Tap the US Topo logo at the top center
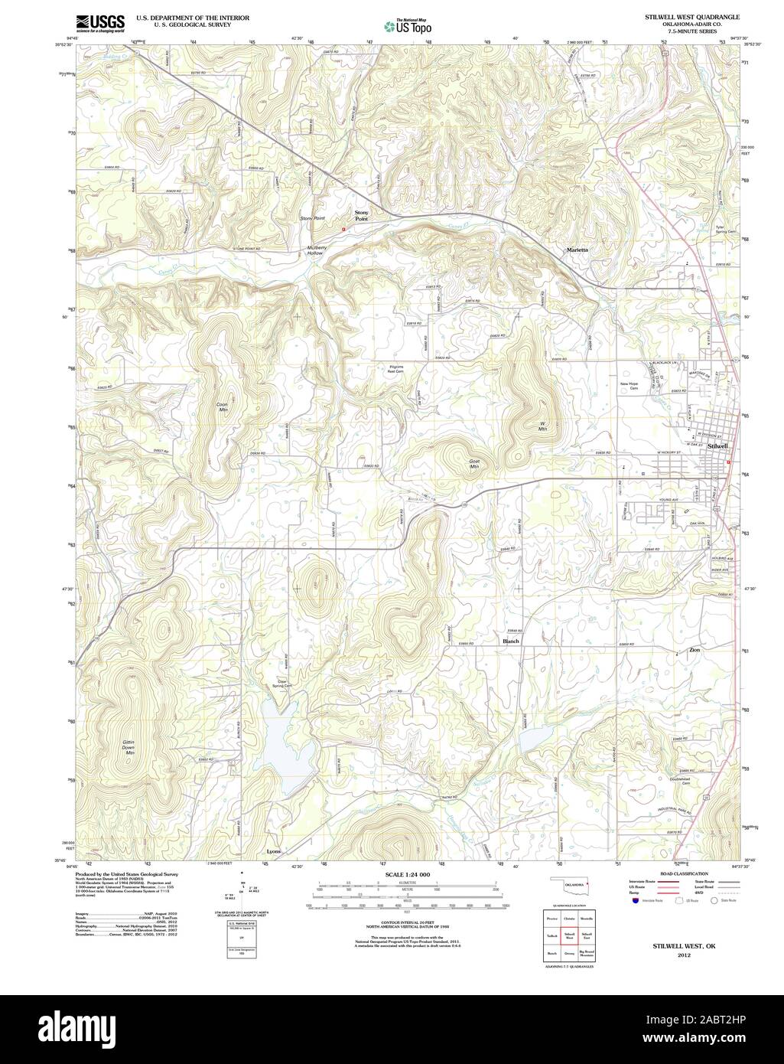click(408, 26)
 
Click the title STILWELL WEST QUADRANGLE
click(682, 16)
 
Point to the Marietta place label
click(577, 250)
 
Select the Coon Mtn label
click(223, 406)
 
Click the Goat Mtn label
click(474, 465)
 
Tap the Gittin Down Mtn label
click(130, 747)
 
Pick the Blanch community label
click(511, 641)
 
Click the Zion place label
click(694, 650)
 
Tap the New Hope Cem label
click(629, 386)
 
